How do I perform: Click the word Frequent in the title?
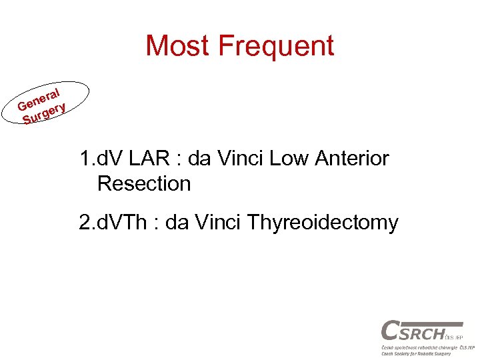coord(276,46)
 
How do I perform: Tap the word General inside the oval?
coord(40,99)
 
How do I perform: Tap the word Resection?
coord(144,183)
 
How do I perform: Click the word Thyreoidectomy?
coord(323,222)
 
